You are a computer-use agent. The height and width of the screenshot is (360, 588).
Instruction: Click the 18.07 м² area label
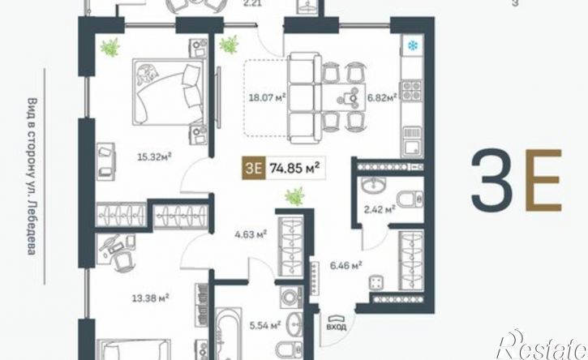268,98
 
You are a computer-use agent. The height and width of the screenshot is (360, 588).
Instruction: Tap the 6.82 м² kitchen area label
382,98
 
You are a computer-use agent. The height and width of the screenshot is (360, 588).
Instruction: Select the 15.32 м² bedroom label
154,157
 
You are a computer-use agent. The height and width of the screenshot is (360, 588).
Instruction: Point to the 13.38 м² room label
150,298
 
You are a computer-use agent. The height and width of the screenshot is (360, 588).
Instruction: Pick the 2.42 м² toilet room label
380,209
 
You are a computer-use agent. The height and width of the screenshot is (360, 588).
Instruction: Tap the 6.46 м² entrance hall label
346,265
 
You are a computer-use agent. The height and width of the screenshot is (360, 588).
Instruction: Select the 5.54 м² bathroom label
265,325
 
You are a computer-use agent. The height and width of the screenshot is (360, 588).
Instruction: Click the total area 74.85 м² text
294,169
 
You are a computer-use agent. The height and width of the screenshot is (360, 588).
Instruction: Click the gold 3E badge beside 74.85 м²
254,169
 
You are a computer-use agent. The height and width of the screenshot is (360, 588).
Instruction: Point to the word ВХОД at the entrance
337,327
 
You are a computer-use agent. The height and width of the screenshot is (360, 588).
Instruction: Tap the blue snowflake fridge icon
413,45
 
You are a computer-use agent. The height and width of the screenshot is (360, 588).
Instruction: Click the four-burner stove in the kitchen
412,90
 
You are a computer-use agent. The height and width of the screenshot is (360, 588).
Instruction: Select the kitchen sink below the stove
412,141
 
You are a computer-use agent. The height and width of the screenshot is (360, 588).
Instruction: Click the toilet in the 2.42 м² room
410,199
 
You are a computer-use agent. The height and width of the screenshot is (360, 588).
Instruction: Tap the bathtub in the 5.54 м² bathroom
229,334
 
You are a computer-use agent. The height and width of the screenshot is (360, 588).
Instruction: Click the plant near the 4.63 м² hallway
294,196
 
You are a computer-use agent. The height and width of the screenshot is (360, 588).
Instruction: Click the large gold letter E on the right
543,180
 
